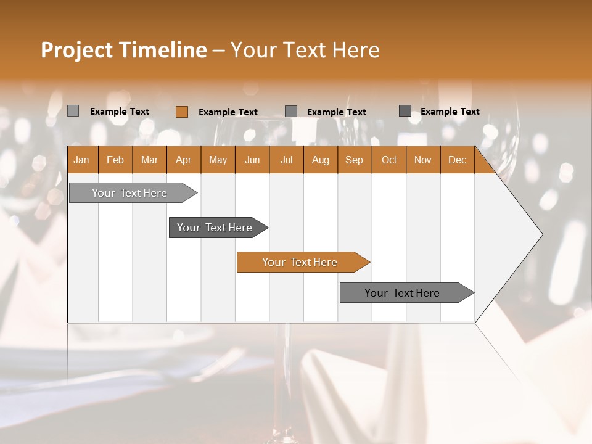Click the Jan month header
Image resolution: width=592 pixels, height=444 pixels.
click(81, 160)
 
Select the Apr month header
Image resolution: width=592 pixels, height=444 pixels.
click(183, 160)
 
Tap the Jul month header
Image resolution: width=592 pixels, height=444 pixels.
click(286, 160)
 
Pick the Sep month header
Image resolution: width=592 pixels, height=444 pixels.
click(354, 160)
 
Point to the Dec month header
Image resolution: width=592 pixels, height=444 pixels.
click(457, 160)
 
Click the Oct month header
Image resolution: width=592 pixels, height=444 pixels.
click(388, 160)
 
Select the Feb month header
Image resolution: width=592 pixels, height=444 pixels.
click(115, 160)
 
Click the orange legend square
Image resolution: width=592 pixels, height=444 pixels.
click(181, 112)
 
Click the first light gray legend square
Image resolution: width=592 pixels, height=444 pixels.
click(73, 111)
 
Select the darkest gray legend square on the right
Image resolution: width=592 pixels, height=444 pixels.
click(405, 111)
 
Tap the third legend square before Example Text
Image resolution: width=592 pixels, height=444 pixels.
click(290, 112)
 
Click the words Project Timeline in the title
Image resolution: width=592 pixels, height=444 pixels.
click(123, 50)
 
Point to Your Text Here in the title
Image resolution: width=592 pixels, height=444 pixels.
click(305, 50)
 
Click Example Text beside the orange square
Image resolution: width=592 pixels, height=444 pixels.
click(228, 112)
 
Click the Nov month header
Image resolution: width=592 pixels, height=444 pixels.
click(422, 160)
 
